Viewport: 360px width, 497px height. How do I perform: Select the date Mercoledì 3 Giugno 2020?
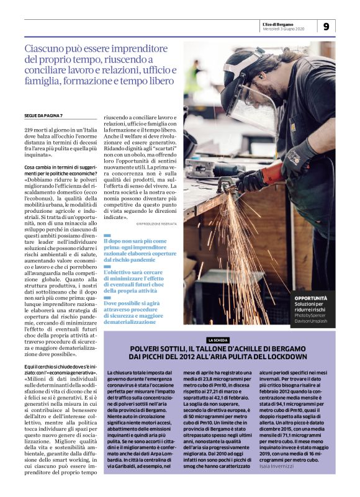coord(283,29)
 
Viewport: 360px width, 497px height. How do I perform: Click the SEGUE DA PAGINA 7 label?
coord(43,116)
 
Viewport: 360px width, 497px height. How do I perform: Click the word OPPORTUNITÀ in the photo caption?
coord(311,298)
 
